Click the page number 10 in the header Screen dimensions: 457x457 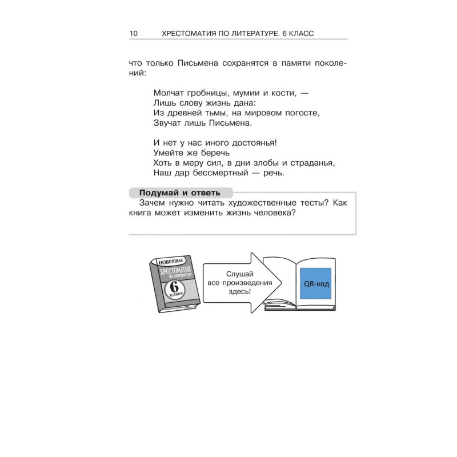[134, 34]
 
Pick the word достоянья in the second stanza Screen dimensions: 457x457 [251, 143]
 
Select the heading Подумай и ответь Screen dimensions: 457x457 [179, 193]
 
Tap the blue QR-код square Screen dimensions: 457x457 [316, 283]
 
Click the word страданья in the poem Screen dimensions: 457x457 [314, 163]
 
